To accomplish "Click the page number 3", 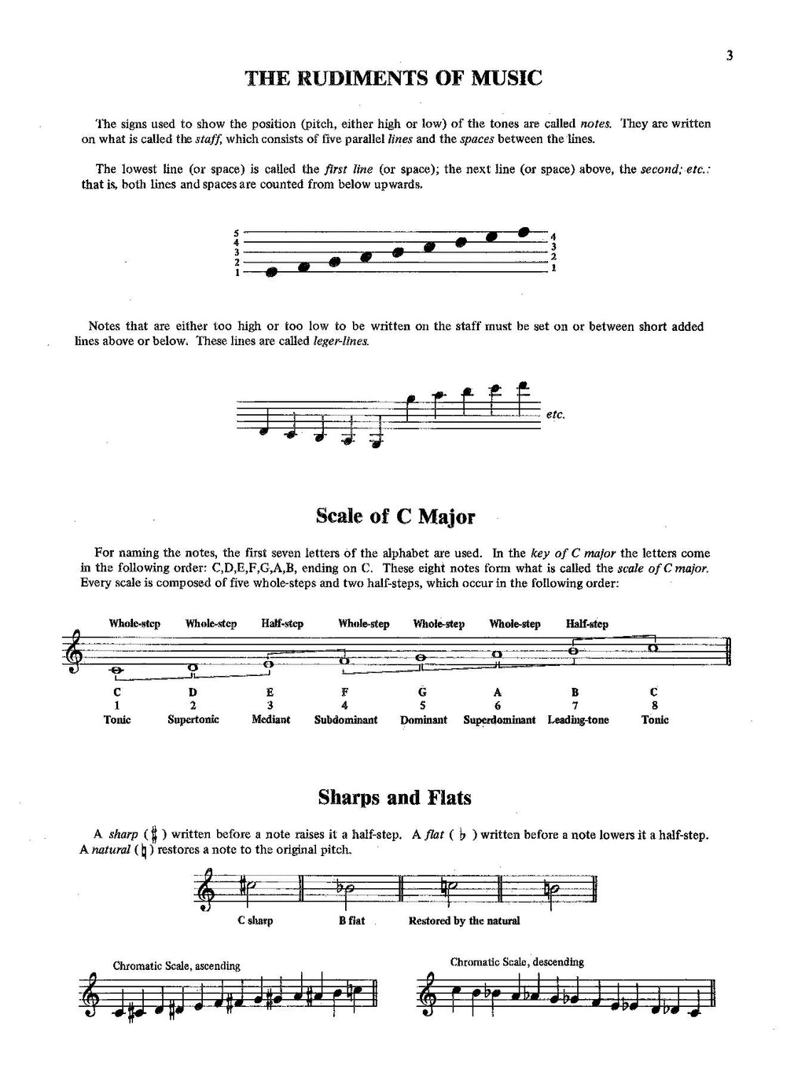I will [x=730, y=55].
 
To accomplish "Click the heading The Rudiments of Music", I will [x=394, y=78].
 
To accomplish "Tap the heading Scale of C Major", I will [x=395, y=516].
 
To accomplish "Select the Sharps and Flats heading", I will [x=395, y=798].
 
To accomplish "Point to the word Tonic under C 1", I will [x=117, y=719].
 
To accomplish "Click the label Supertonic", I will [x=193, y=719].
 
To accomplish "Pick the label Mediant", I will [x=270, y=719].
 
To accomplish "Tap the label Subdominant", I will [x=346, y=719].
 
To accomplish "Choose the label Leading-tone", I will [x=578, y=719].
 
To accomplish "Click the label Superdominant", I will [x=499, y=719].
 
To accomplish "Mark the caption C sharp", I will [x=255, y=921].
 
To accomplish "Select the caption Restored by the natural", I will [x=464, y=921].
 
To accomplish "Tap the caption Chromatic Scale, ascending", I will [x=176, y=965].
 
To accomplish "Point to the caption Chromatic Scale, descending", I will [x=516, y=961].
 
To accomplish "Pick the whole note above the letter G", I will [x=422, y=658].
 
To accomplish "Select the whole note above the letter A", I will [x=497, y=653].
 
